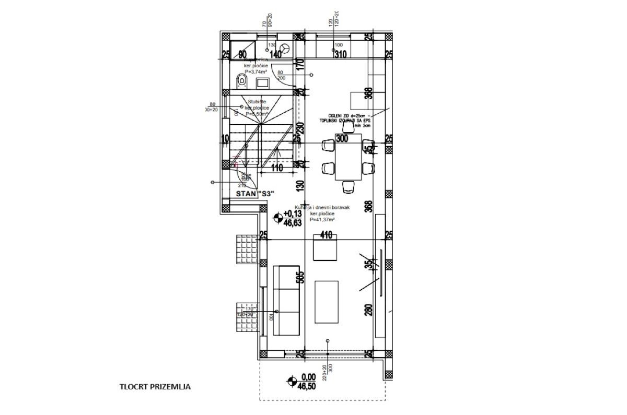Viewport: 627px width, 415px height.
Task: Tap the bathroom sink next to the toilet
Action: tap(262, 81)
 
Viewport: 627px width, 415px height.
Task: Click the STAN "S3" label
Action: tap(255, 194)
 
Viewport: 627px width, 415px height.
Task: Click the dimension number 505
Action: tap(300, 277)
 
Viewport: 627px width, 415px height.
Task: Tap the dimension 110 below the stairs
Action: tap(276, 168)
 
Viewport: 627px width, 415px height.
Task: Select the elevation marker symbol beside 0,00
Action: tap(290, 381)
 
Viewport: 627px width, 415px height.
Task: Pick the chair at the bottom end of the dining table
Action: tap(349, 186)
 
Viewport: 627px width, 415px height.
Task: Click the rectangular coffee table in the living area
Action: tap(327, 302)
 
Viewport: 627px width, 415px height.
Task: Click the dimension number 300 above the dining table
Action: tap(342, 139)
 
